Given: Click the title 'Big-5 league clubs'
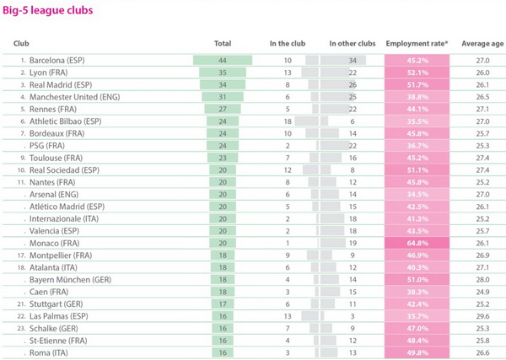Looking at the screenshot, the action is pos(48,10).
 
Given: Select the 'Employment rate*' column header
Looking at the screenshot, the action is pos(417,44).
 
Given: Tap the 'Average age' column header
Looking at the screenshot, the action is pos(482,44).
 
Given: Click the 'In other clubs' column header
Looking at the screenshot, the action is pos(353,44).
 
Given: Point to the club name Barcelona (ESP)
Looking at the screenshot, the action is pos(57,61).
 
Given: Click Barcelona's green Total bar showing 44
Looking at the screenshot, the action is pos(223,61).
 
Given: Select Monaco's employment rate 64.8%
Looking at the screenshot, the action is pos(417,243).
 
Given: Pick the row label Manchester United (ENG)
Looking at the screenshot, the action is pos(74,97).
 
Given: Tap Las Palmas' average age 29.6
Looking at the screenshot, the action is pos(482,316).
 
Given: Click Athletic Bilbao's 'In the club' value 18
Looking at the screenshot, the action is pos(288,121).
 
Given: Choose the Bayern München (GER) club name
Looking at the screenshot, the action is pos(70,280).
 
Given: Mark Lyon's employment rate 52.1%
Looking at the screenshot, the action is pos(417,73).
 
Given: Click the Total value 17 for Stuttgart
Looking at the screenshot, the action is pos(223,304).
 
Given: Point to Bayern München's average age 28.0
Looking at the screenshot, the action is pos(482,280).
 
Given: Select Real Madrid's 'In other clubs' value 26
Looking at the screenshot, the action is pos(353,85).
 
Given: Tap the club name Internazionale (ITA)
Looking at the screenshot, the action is pos(64,218).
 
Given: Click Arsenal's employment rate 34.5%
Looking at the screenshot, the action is pos(417,195).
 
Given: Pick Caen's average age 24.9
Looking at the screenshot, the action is pos(482,292).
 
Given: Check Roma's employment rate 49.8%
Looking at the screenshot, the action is pos(417,352).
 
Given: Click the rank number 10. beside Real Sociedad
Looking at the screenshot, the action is pos(22,170).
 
